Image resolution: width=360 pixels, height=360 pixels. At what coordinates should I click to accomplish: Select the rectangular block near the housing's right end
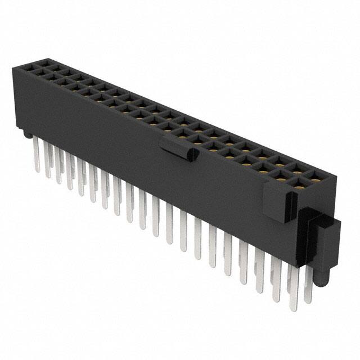(277, 202)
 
